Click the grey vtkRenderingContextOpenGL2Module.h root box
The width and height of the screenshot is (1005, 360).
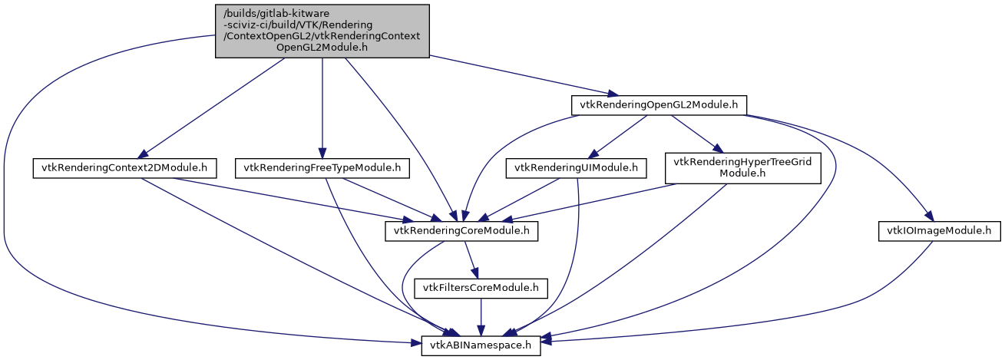(322, 30)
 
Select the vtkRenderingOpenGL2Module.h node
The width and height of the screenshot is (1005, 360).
(659, 105)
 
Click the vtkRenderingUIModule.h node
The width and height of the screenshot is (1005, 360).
(576, 167)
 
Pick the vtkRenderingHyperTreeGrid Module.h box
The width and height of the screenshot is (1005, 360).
(743, 167)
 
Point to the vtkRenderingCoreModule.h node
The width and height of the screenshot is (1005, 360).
(461, 231)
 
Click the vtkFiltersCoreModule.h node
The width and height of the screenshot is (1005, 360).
(481, 289)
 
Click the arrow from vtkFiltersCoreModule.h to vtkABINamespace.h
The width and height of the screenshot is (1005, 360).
(481, 317)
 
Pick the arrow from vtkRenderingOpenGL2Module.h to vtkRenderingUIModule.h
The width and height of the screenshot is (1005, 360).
(620, 135)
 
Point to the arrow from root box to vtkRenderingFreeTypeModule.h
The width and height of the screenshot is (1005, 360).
(322, 107)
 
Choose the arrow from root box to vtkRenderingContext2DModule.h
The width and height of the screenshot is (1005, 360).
(215, 107)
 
